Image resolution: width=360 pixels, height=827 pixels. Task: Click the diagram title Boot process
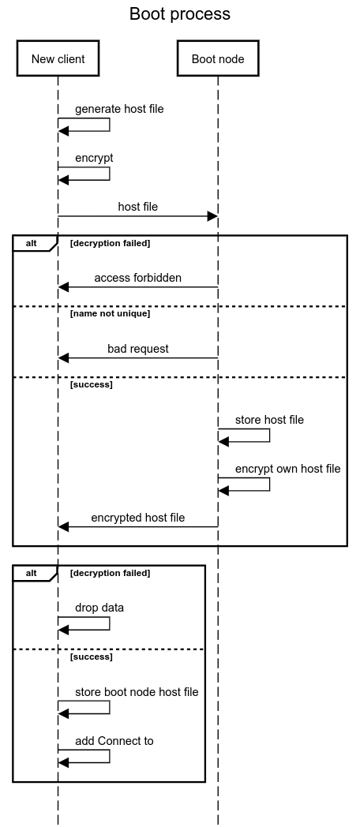click(x=180, y=14)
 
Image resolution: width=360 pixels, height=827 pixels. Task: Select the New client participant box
click(x=58, y=58)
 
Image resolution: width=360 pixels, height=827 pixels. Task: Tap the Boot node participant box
click(x=218, y=58)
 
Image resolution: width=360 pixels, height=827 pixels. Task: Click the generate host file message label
click(x=119, y=109)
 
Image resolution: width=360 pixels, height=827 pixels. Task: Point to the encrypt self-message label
click(x=94, y=158)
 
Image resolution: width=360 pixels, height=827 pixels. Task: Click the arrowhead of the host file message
click(x=212, y=216)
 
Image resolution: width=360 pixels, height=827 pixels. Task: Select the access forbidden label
click(x=137, y=278)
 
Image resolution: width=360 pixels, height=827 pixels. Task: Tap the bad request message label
click(x=137, y=349)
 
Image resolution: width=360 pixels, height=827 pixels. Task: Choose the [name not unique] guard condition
click(x=110, y=314)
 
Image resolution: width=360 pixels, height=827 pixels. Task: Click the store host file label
click(x=269, y=420)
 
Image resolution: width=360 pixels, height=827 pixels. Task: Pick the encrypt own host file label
click(x=287, y=469)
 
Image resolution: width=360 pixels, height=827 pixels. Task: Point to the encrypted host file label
click(x=137, y=518)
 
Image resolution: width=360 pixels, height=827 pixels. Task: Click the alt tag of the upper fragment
click(x=32, y=243)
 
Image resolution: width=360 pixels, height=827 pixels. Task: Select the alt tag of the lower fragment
click(x=32, y=573)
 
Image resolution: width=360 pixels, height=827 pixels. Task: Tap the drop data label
click(x=99, y=608)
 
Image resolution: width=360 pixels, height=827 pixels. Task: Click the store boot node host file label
click(x=137, y=692)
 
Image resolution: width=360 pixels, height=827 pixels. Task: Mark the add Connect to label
click(x=114, y=741)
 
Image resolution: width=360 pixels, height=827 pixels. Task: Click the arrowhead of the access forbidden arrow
click(x=64, y=287)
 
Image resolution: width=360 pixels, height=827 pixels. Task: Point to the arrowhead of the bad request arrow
click(x=64, y=358)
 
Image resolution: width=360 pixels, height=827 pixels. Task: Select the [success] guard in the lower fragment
click(x=91, y=657)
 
